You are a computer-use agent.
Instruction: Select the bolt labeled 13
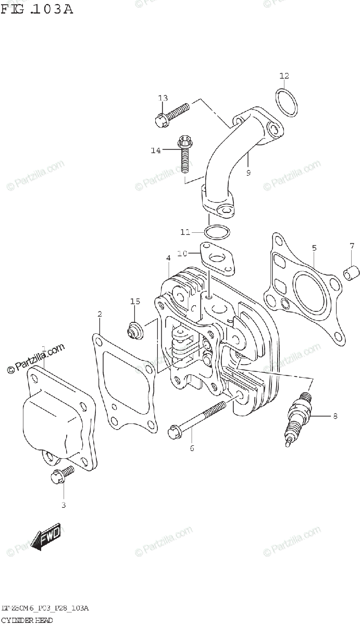172,114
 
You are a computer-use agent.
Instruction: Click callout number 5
314,247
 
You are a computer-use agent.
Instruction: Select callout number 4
168,258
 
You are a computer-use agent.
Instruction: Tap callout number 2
100,314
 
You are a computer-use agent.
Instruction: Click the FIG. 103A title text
36,9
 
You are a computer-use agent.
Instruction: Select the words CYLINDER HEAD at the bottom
27,620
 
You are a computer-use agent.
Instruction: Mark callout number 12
283,76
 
